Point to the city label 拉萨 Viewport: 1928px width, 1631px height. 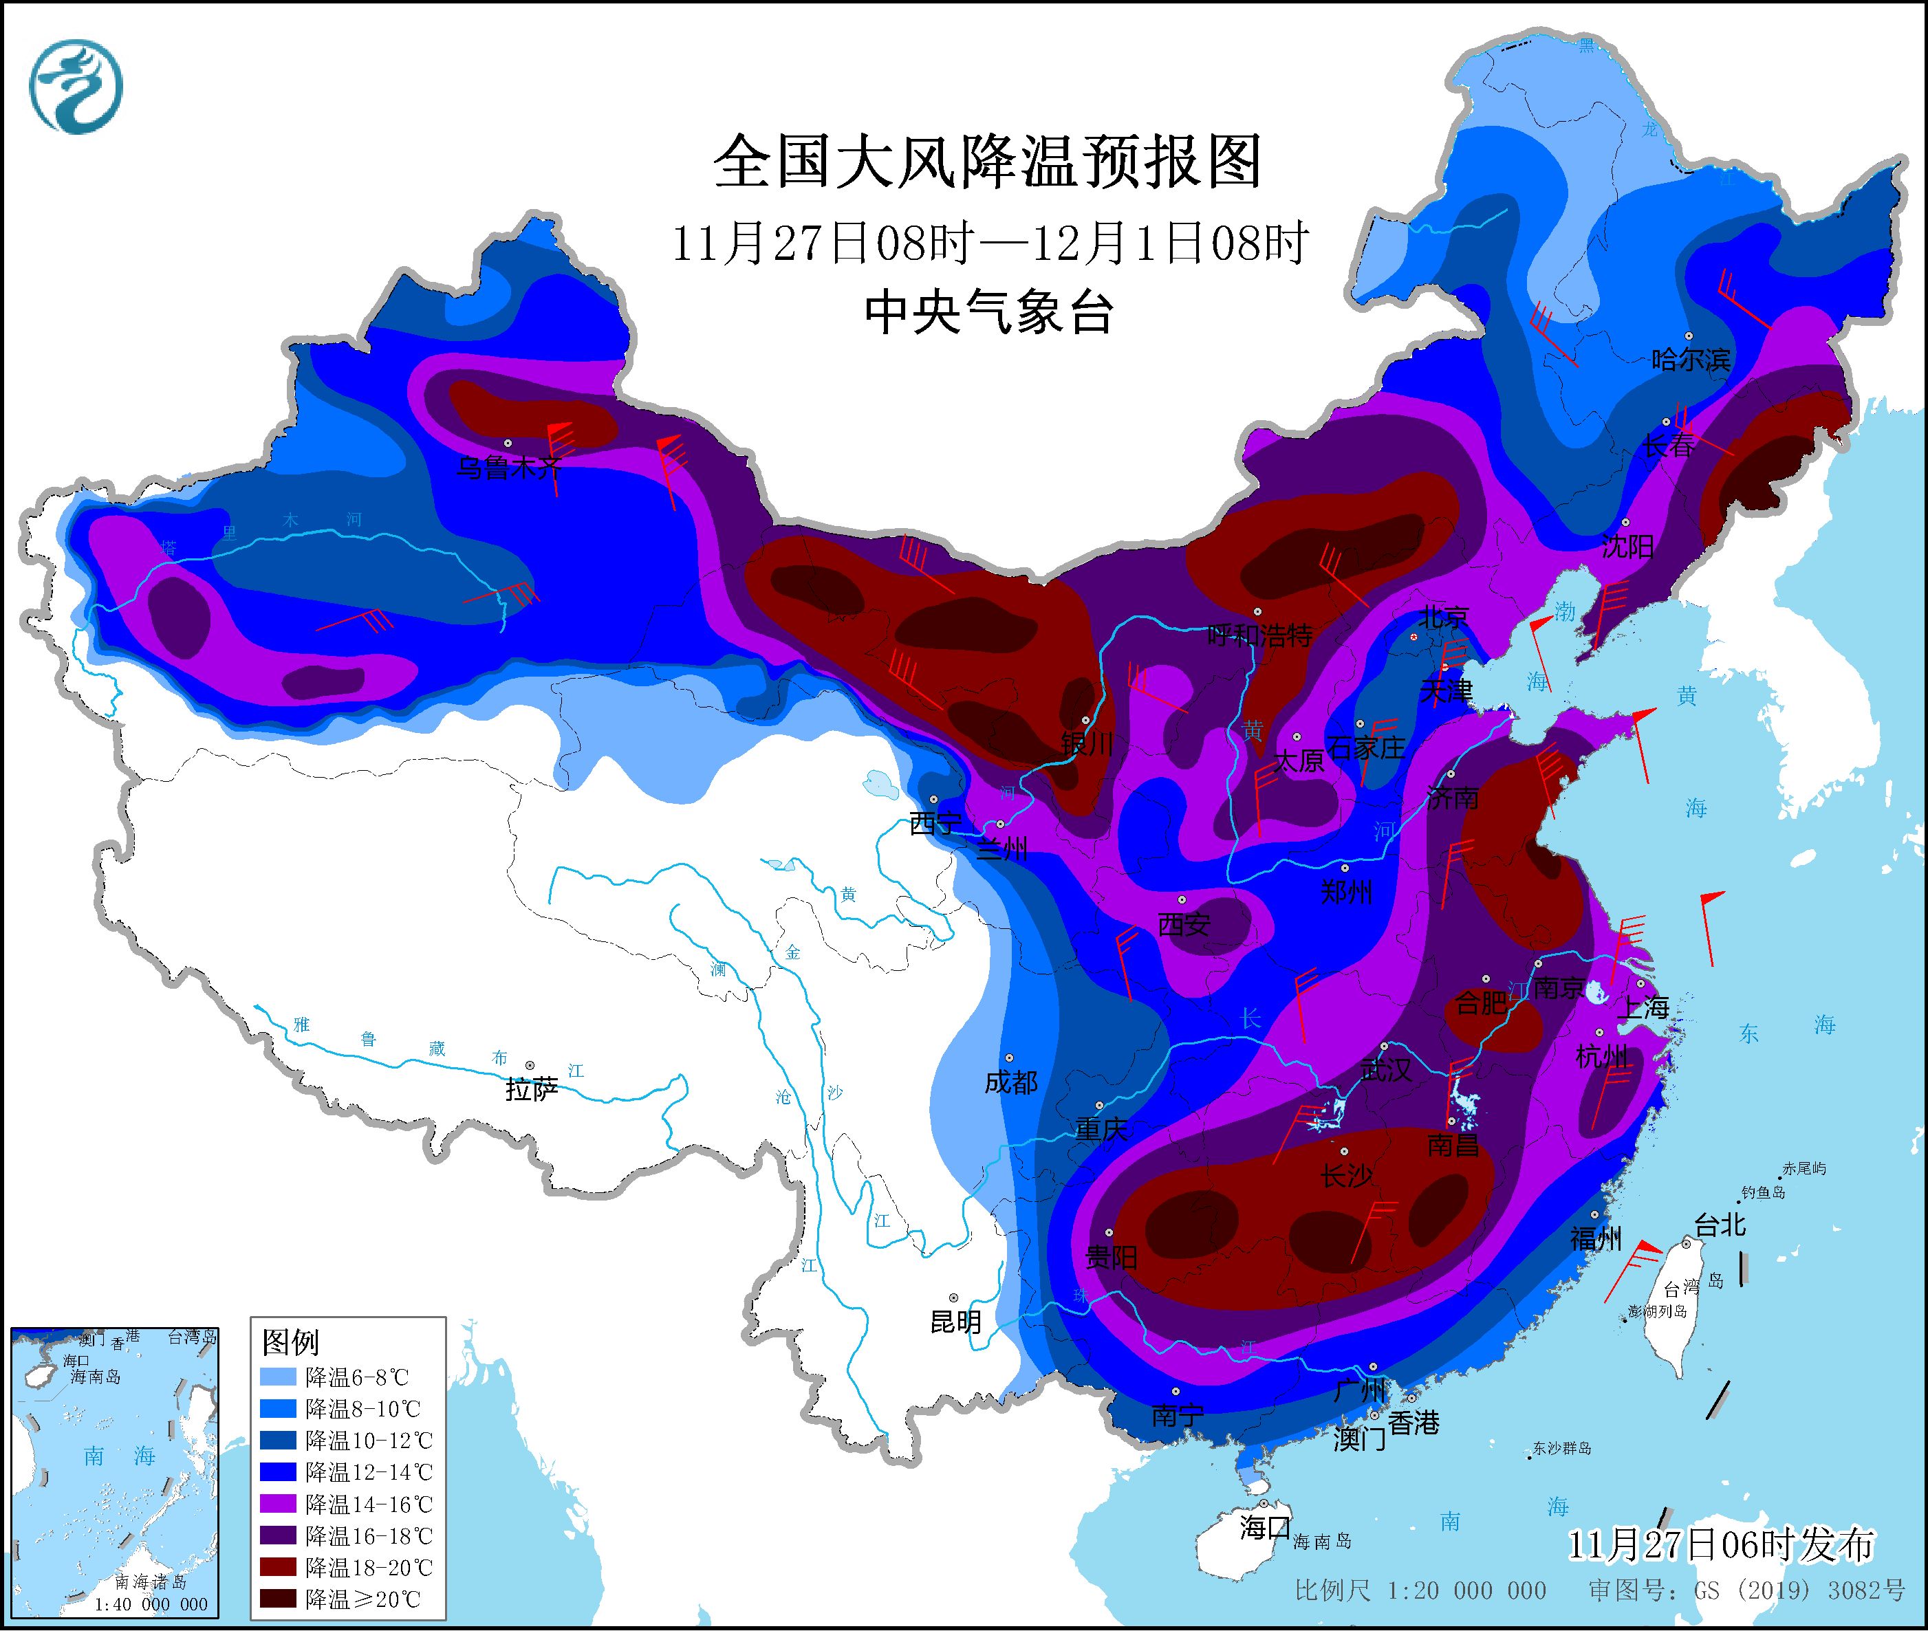coord(532,1089)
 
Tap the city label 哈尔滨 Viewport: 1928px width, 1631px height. coord(1690,360)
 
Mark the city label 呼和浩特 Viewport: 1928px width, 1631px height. coord(1259,635)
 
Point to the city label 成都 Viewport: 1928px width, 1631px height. coord(1010,1082)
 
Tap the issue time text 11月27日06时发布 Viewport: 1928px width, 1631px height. coord(1721,1544)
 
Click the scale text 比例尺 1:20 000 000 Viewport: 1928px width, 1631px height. coord(1420,1590)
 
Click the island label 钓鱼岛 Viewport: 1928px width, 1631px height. coord(1764,1193)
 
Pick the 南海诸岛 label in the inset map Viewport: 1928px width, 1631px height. coord(151,1583)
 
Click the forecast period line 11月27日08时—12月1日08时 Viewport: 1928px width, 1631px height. coord(988,244)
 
